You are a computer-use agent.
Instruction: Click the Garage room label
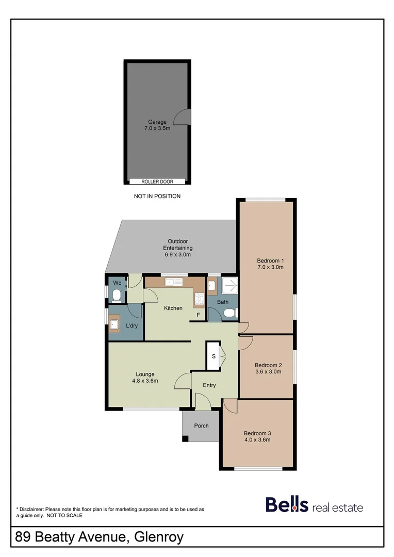click(x=157, y=122)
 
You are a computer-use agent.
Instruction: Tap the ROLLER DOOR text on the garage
click(x=157, y=182)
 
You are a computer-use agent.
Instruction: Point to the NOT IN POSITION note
click(x=157, y=196)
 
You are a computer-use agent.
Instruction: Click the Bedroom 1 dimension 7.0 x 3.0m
click(x=270, y=267)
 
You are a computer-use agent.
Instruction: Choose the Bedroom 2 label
click(x=268, y=363)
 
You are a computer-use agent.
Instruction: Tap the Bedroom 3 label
click(x=257, y=433)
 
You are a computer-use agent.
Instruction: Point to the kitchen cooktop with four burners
click(x=199, y=298)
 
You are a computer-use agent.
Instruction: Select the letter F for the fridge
click(x=198, y=314)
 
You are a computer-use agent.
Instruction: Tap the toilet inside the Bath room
click(x=231, y=312)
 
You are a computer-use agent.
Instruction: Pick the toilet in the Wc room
click(x=117, y=296)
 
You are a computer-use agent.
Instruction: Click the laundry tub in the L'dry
click(x=114, y=324)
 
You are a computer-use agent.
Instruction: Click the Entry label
click(x=209, y=385)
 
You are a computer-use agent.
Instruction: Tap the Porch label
click(x=201, y=425)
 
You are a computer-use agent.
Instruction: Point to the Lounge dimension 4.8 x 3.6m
click(x=145, y=381)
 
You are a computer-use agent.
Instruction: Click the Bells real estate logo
click(x=314, y=505)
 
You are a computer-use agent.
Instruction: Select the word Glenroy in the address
click(x=158, y=537)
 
